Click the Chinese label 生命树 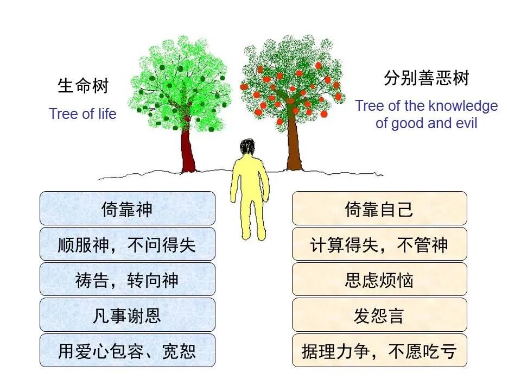(83, 86)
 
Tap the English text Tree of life (82, 114)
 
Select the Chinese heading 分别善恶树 (426, 79)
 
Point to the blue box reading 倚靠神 (127, 209)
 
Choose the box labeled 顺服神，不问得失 (127, 244)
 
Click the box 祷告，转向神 (127, 280)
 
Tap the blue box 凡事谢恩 (127, 315)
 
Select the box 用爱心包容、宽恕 (127, 350)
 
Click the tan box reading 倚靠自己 (379, 209)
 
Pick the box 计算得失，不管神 (379, 244)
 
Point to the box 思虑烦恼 (379, 280)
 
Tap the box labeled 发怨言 (379, 315)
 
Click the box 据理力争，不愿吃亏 (379, 350)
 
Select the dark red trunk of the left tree (188, 152)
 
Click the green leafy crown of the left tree (179, 81)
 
